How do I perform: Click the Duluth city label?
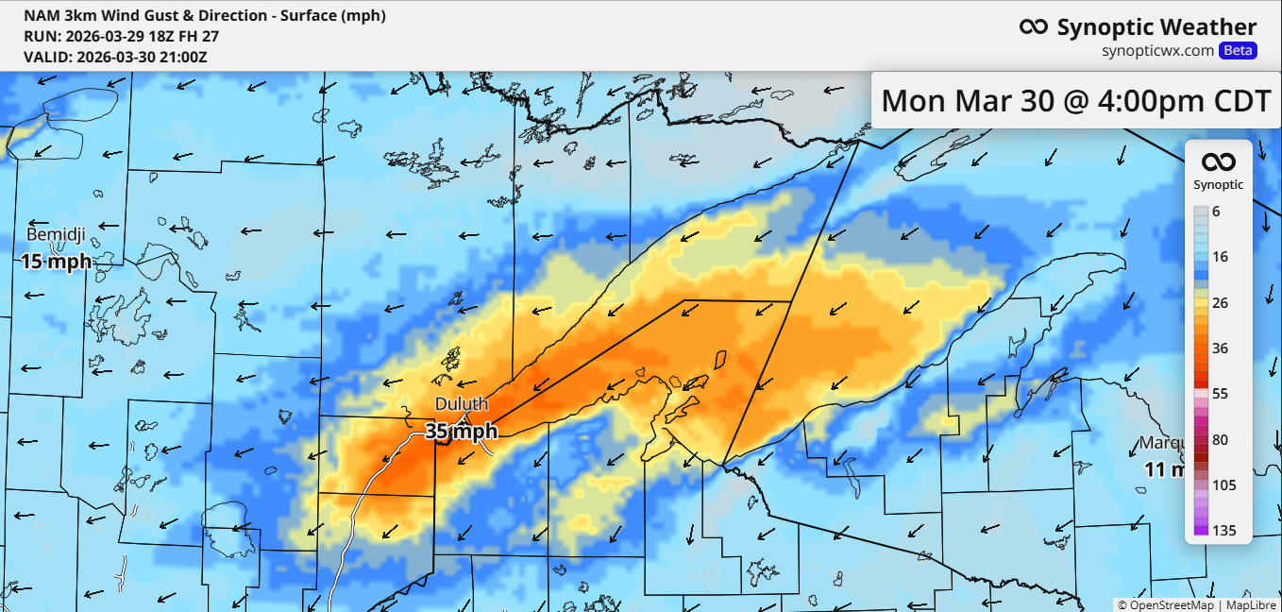pyautogui.click(x=461, y=404)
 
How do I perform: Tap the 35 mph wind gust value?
pyautogui.click(x=461, y=432)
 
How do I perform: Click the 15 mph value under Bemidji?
pyautogui.click(x=57, y=261)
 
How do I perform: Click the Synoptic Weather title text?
pyautogui.click(x=1156, y=27)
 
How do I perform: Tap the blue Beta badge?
pyautogui.click(x=1238, y=51)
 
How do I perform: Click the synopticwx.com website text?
pyautogui.click(x=1157, y=51)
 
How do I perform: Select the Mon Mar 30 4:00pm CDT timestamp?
pyautogui.click(x=1076, y=100)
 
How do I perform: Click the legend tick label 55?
pyautogui.click(x=1220, y=394)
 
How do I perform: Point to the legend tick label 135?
pyautogui.click(x=1224, y=531)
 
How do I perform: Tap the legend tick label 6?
pyautogui.click(x=1216, y=212)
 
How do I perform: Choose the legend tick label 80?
pyautogui.click(x=1220, y=440)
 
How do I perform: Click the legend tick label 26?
pyautogui.click(x=1220, y=302)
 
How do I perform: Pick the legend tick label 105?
pyautogui.click(x=1224, y=485)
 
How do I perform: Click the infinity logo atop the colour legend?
pyautogui.click(x=1218, y=162)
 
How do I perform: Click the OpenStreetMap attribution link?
pyautogui.click(x=1165, y=604)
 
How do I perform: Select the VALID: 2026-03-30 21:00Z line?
pyautogui.click(x=115, y=57)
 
